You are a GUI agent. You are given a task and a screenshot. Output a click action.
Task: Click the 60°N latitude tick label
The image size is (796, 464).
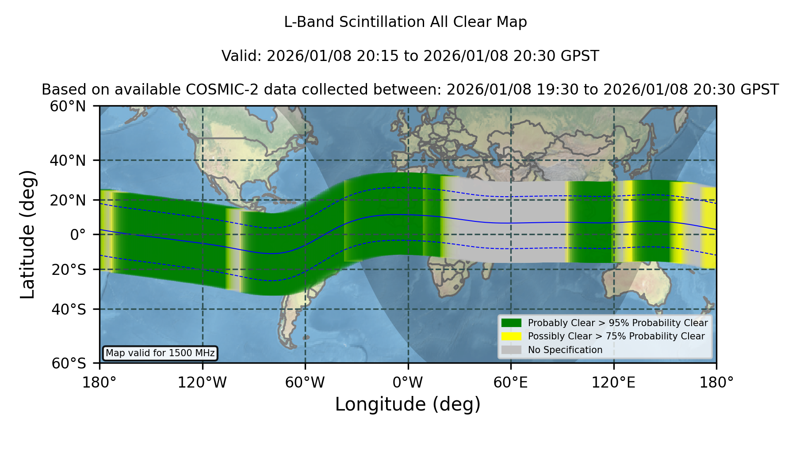point(68,106)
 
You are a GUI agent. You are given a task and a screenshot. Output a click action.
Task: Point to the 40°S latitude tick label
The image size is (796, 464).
point(69,309)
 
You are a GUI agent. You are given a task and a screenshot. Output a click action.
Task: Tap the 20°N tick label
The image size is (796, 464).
point(68,200)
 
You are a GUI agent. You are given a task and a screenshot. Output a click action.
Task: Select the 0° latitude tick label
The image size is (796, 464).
point(78,235)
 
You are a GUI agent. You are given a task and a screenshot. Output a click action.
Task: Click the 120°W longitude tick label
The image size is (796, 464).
point(202,382)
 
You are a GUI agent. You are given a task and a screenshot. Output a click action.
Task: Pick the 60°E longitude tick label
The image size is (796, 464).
point(511,382)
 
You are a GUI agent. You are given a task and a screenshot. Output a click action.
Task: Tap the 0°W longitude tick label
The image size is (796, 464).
point(408,382)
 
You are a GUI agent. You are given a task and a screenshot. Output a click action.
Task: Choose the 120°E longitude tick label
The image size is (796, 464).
point(613,382)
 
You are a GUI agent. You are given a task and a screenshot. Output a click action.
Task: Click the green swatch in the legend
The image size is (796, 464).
point(512,323)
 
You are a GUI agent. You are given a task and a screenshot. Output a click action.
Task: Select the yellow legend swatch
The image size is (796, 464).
point(512,336)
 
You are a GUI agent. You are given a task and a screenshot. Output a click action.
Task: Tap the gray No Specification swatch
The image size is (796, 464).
point(512,350)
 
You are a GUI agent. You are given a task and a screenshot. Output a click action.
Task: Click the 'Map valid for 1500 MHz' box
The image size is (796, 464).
point(160,353)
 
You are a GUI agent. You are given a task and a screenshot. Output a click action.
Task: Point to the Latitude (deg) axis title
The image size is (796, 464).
point(27,235)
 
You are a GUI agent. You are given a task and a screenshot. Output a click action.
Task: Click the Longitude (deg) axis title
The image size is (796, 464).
point(408,404)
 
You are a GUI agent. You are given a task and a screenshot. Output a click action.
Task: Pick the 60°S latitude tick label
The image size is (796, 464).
point(69,363)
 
